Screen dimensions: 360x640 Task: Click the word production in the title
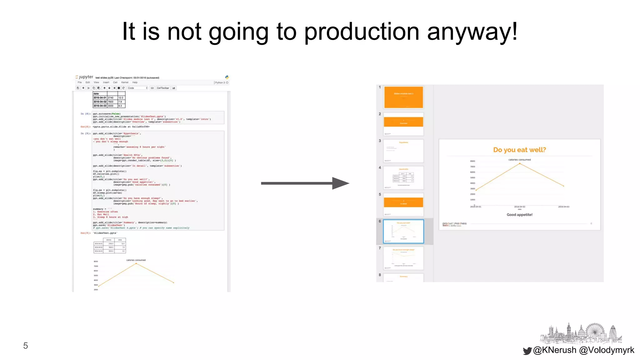[362, 32]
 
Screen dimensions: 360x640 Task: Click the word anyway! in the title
[472, 32]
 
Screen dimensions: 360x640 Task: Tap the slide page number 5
[26, 346]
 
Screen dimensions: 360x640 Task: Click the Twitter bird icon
[527, 351]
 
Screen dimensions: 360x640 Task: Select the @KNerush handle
[555, 350]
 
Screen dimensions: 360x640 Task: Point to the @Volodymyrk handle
[607, 350]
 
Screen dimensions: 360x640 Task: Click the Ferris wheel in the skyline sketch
[595, 332]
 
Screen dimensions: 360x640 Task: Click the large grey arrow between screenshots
[305, 183]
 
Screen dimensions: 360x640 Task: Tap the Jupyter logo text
[85, 77]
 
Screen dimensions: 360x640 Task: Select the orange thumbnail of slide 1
[403, 97]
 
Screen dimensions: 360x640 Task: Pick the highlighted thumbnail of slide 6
[403, 231]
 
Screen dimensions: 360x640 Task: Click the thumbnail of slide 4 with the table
[403, 177]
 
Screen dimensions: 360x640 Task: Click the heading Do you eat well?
[519, 150]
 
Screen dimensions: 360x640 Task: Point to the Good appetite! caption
[519, 215]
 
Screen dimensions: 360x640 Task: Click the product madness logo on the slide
[454, 224]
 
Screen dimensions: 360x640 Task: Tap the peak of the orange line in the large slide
[520, 163]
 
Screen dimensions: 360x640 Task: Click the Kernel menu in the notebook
[125, 82]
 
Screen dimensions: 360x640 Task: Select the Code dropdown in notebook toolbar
[137, 88]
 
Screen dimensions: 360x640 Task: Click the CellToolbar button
[163, 88]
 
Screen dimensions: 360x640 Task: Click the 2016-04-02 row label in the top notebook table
[100, 102]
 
